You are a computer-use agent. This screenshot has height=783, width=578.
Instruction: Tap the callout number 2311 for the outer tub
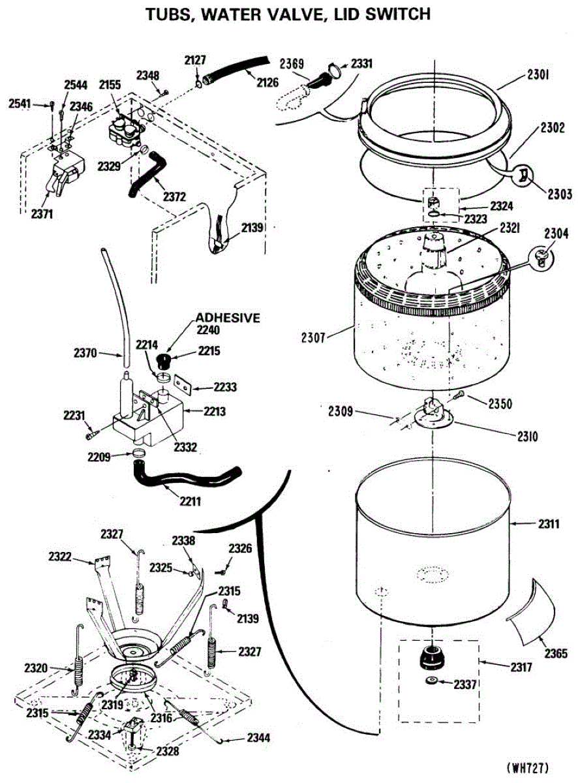point(549,523)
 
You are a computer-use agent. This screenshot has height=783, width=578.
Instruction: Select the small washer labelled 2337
point(431,682)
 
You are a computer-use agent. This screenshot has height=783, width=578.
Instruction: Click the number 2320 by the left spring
point(37,668)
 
